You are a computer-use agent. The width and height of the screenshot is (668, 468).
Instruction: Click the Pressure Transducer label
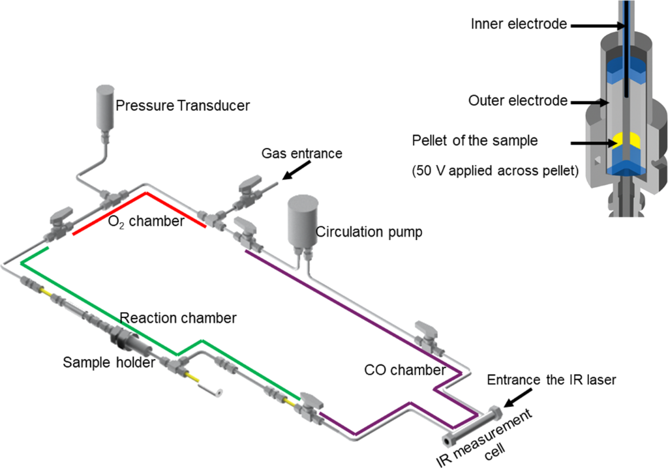click(183, 105)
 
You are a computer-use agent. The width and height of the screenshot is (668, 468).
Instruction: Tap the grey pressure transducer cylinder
click(105, 107)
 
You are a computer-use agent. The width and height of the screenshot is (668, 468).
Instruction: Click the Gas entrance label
click(301, 153)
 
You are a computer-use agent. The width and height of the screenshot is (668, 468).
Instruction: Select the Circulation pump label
click(369, 231)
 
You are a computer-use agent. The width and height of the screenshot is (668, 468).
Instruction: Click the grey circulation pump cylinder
click(303, 220)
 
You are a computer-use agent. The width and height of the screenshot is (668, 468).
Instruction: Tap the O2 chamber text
click(146, 222)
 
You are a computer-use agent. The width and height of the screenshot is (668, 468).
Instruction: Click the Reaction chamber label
click(178, 317)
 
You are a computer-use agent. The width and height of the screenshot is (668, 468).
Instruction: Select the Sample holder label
click(109, 362)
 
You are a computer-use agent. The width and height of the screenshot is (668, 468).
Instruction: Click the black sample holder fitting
click(124, 338)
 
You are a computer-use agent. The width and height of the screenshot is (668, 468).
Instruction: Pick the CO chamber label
click(404, 370)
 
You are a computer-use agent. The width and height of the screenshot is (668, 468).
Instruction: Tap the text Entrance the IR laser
click(551, 379)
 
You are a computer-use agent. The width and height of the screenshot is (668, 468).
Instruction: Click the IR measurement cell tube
click(472, 426)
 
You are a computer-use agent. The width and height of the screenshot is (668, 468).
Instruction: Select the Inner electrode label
click(519, 24)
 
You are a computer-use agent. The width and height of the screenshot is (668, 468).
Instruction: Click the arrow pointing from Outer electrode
click(590, 102)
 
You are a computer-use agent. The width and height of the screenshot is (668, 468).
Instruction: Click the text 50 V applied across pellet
click(495, 171)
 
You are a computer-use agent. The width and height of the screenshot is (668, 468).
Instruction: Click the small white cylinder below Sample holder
click(211, 390)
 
